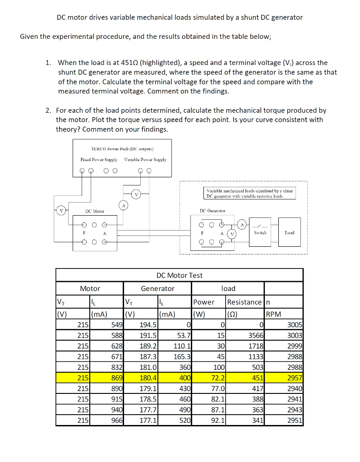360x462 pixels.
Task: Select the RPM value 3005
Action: (295, 325)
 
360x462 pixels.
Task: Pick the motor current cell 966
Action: (117, 420)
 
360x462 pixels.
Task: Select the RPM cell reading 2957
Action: (295, 377)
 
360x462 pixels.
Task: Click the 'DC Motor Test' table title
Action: (179, 275)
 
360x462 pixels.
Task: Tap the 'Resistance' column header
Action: (244, 302)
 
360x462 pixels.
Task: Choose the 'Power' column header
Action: (203, 302)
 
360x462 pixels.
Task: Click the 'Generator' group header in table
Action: (157, 288)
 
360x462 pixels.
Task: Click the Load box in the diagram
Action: (290, 232)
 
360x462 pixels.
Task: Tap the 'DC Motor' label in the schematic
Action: (95, 211)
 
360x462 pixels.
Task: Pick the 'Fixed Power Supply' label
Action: (99, 159)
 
